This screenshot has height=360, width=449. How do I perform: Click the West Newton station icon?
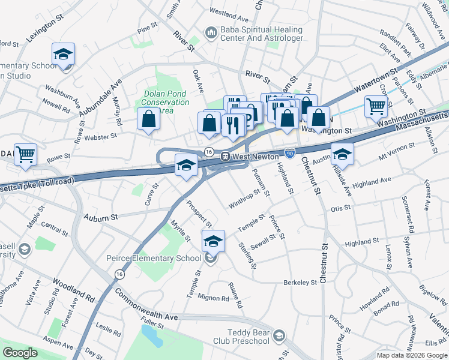pyautogui.click(x=226, y=157)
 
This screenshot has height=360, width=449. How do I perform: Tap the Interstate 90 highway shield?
pyautogui.click(x=289, y=155)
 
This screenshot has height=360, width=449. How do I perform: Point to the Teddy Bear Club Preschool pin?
pyautogui.click(x=279, y=337)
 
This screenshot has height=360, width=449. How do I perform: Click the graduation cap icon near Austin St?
pyautogui.click(x=342, y=155)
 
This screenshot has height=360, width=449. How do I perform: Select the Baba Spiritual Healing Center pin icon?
pyautogui.click(x=211, y=34)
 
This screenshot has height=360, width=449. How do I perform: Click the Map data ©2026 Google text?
pyautogui.click(x=412, y=355)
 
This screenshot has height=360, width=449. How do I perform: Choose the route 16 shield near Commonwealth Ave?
pyautogui.click(x=119, y=274)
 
